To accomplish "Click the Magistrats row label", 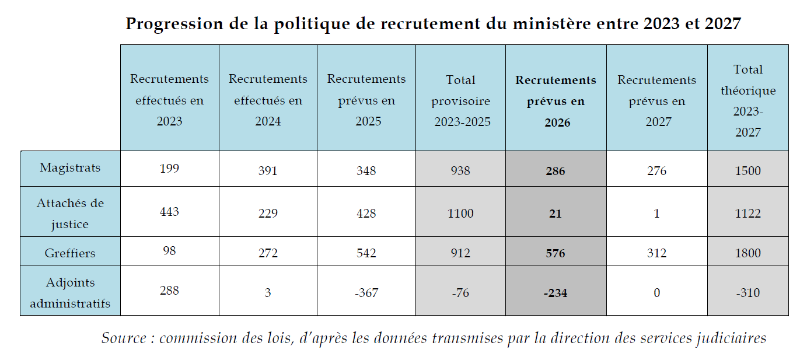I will [70, 168].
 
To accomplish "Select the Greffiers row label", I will [70, 253].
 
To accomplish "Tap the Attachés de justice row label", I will [70, 214].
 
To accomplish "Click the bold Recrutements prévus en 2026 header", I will [556, 101].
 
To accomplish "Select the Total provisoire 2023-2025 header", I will [460, 101].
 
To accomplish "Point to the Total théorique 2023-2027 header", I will [748, 101].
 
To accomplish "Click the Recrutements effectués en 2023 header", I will [169, 100].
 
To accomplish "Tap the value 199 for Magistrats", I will [169, 169].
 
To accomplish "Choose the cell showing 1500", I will [748, 171].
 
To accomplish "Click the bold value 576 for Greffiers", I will [556, 253].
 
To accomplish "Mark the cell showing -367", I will [366, 293].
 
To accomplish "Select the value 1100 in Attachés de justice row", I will [460, 214].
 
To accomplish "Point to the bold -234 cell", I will [556, 293].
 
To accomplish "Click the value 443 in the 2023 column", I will [169, 211].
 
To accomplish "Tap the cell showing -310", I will [748, 293].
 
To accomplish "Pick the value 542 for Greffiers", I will [366, 253].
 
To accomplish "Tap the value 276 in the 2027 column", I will [656, 171].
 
